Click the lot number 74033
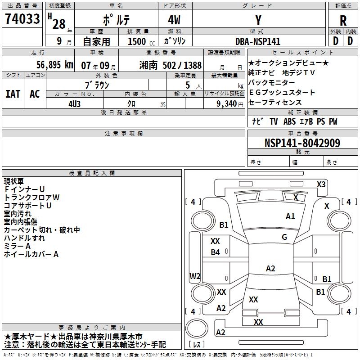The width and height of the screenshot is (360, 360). (22, 19)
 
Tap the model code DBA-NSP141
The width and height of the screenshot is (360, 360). (258, 41)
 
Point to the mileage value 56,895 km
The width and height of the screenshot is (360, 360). (49, 65)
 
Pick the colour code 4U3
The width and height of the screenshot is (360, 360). (75, 103)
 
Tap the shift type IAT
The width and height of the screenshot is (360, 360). (13, 94)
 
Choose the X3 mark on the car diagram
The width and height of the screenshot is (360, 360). (321, 184)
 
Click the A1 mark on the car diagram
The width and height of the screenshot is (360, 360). (290, 216)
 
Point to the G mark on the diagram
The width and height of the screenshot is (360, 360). (284, 237)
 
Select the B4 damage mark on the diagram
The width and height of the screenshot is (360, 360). (216, 252)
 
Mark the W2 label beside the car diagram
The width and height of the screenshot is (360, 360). (195, 276)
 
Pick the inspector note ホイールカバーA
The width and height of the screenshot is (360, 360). (31, 254)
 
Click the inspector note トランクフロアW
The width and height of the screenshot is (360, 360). (31, 198)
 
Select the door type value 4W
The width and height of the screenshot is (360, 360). (175, 20)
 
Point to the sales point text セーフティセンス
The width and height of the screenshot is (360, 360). (275, 103)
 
